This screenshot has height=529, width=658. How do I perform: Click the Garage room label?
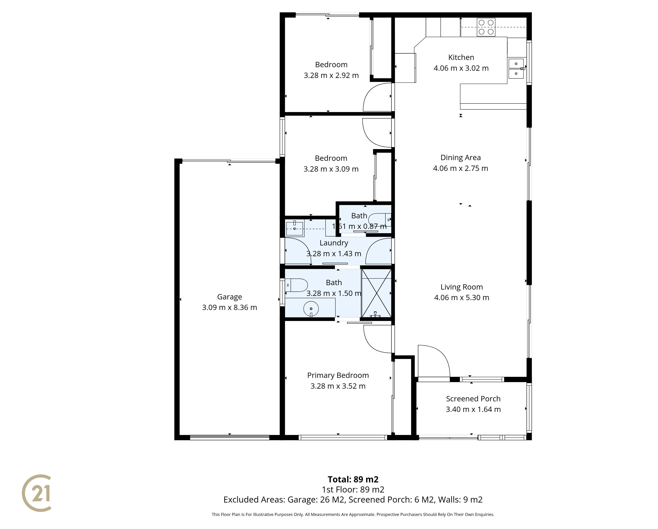230,297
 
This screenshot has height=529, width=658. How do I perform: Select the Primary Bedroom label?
338,375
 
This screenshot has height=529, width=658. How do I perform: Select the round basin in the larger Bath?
311,309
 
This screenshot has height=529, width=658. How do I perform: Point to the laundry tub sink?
294,229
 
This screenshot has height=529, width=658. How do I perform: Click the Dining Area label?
461,158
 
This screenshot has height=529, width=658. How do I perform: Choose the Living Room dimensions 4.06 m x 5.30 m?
462,298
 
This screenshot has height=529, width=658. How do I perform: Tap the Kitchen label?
461,57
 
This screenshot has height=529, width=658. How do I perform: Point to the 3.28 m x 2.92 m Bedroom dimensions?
331,75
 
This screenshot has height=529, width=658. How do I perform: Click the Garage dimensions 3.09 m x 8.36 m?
230,307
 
